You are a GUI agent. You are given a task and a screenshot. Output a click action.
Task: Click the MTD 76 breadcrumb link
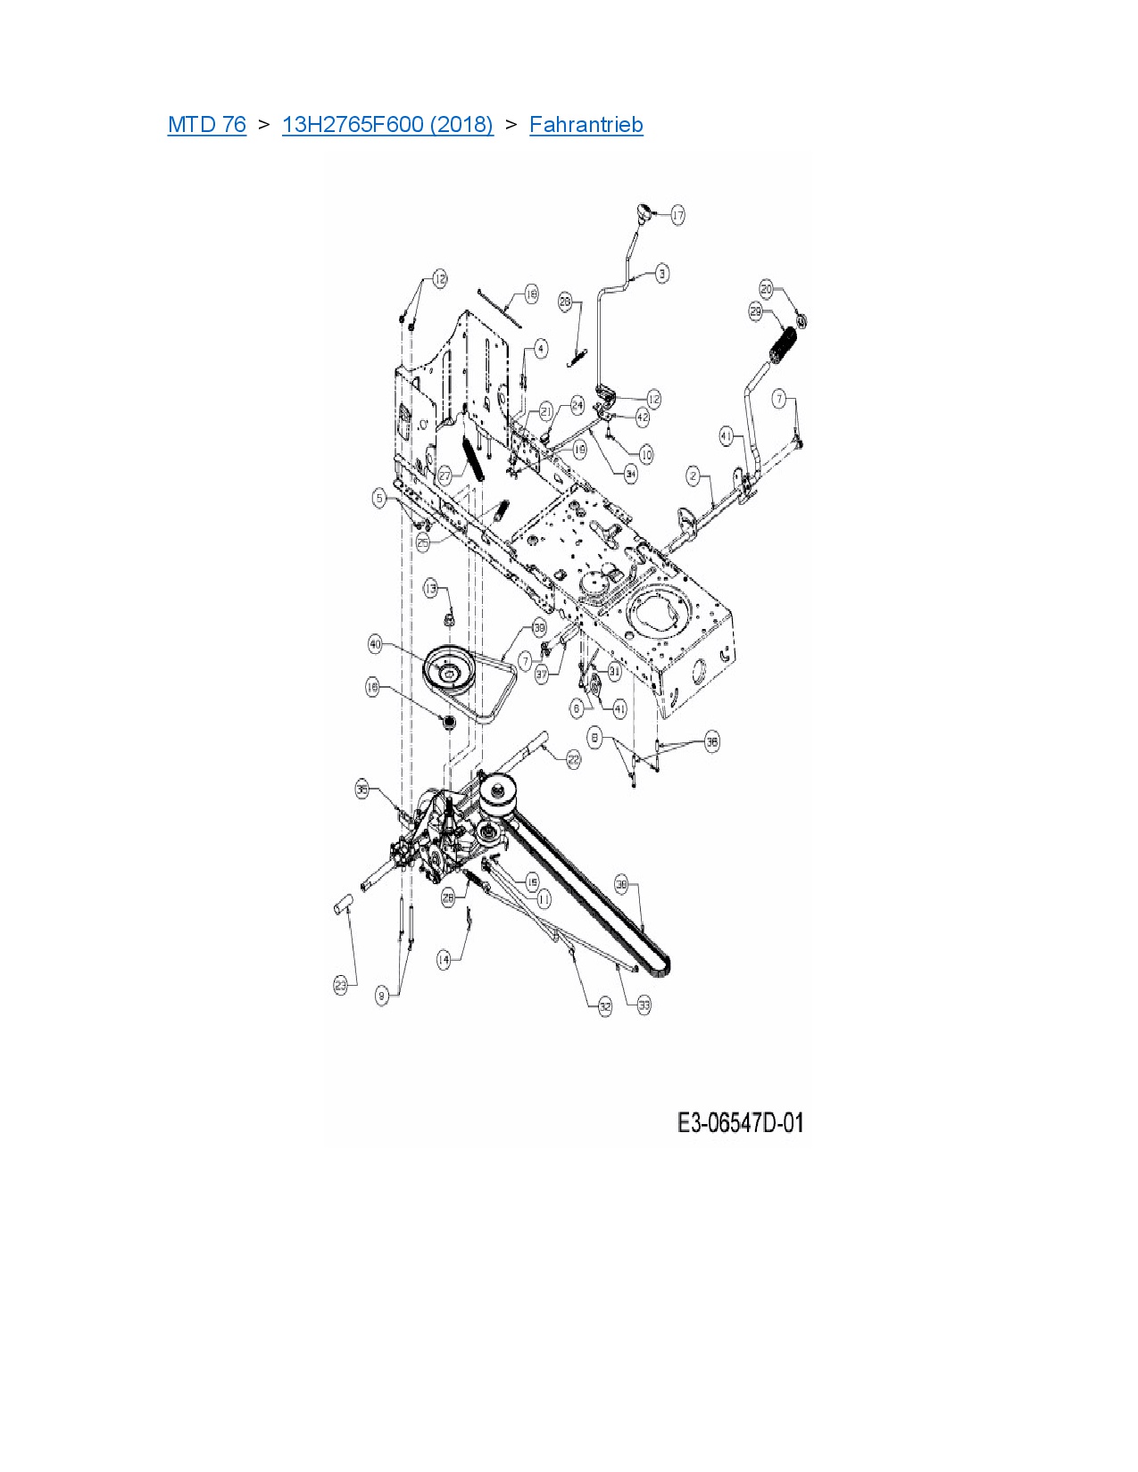click(x=206, y=125)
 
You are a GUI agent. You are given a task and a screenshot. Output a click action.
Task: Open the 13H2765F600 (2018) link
click(x=387, y=125)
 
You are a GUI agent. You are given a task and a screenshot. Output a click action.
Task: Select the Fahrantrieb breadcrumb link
click(x=586, y=125)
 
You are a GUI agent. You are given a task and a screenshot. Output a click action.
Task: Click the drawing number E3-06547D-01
click(x=740, y=1122)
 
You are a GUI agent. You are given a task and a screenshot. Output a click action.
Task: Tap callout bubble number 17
click(x=677, y=215)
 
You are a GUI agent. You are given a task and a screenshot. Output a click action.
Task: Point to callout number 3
click(x=661, y=273)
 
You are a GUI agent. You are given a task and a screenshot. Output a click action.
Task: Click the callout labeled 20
click(x=767, y=289)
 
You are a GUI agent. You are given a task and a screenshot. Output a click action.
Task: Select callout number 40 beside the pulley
click(x=376, y=644)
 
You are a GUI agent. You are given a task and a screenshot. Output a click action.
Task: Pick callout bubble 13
click(x=432, y=589)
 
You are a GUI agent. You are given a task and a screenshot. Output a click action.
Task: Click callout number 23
click(x=340, y=986)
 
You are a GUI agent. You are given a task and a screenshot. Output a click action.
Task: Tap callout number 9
click(x=383, y=996)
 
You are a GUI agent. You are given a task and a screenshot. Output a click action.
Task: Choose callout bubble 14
click(x=444, y=960)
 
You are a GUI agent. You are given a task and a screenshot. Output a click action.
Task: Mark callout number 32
click(x=605, y=1007)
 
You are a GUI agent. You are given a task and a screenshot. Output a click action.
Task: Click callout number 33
click(x=644, y=1005)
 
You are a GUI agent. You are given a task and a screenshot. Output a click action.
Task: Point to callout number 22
click(x=573, y=759)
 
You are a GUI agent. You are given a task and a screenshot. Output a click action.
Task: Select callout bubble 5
click(x=380, y=499)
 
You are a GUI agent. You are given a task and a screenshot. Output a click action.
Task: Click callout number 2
click(x=694, y=476)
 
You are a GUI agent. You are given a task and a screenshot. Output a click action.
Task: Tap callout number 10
click(x=645, y=455)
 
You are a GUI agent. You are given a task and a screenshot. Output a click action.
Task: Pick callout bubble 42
click(x=643, y=417)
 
